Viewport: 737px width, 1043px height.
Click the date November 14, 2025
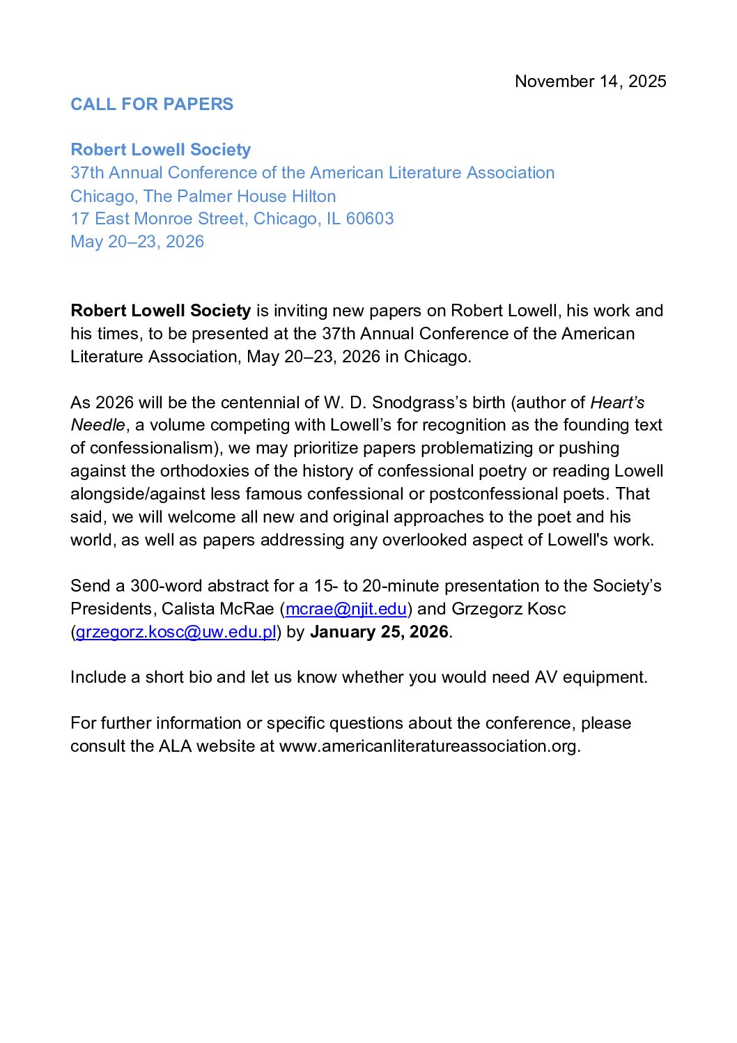tap(590, 82)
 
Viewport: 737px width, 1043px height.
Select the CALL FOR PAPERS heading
tap(152, 105)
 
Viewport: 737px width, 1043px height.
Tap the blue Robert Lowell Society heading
tap(160, 150)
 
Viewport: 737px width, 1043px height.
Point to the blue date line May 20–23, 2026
tap(137, 242)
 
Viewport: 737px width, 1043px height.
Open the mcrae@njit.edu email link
tap(346, 609)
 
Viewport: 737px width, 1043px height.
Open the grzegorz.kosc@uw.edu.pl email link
tap(176, 632)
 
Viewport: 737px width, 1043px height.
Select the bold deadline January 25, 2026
tap(379, 632)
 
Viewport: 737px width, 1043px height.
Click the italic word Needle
tap(98, 425)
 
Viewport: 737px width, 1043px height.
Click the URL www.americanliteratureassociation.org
tap(428, 746)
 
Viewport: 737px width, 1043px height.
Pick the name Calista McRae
tap(217, 609)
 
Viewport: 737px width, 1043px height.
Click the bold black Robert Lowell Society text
tap(160, 311)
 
